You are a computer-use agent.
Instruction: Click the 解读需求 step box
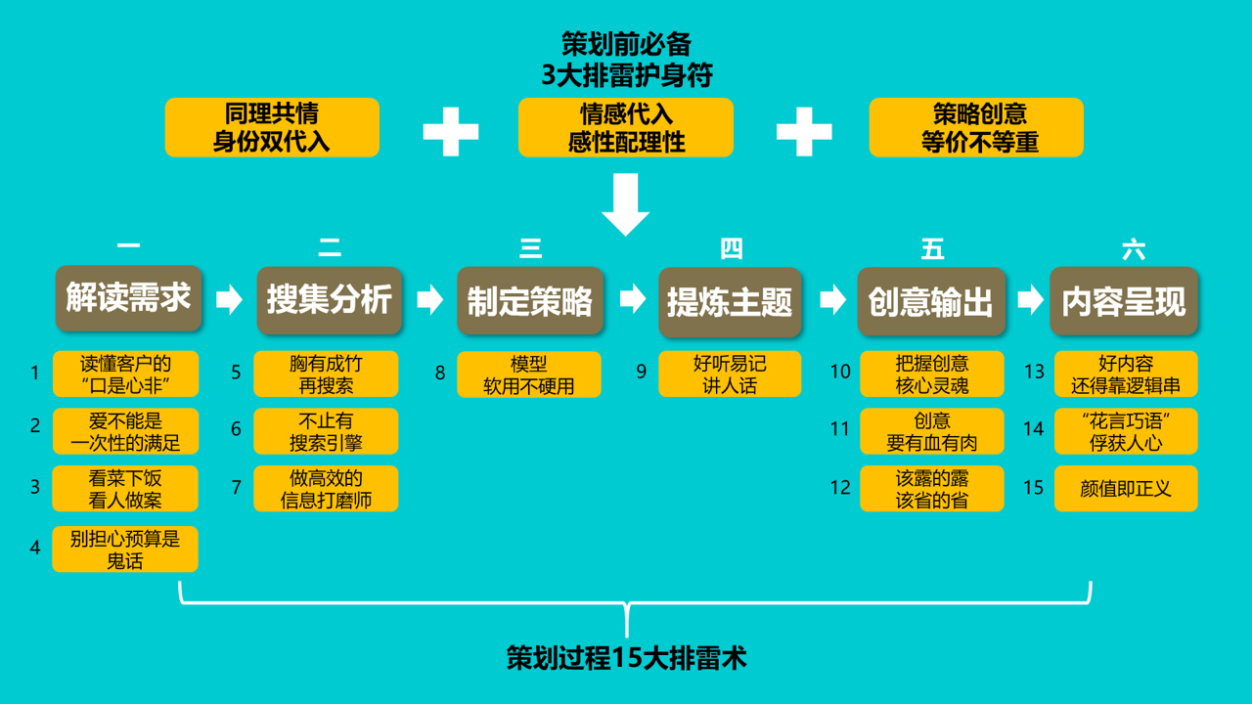(128, 298)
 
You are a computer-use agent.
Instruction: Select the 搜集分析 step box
(330, 300)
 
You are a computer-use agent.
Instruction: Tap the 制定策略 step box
(530, 301)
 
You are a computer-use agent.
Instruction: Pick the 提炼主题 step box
(731, 301)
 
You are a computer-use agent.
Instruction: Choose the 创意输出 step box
(931, 301)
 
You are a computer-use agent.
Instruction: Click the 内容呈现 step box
(1124, 301)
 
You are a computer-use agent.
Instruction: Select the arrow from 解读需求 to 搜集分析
(229, 299)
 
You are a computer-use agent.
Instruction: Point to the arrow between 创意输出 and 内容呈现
(1030, 299)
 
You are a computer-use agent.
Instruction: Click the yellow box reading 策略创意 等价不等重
(976, 127)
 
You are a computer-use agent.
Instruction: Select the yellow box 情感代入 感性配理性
(626, 127)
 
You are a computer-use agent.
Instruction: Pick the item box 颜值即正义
(1126, 488)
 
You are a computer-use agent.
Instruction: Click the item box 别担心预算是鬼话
(125, 549)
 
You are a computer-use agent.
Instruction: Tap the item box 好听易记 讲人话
(730, 374)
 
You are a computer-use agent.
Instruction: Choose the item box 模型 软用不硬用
(529, 374)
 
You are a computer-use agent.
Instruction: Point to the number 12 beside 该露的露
(840, 487)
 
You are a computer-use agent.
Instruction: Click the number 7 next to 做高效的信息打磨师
(236, 487)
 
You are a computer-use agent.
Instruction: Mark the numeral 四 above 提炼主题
(731, 248)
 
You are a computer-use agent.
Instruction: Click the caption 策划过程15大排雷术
(626, 658)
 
